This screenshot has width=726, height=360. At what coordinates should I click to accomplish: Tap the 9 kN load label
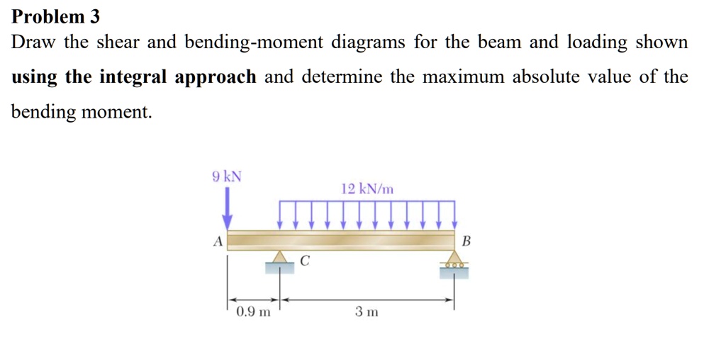click(x=227, y=176)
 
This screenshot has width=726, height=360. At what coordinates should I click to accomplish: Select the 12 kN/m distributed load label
click(x=367, y=189)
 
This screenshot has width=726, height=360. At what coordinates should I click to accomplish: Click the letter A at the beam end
click(x=218, y=242)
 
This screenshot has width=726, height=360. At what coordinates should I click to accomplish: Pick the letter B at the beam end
click(x=466, y=241)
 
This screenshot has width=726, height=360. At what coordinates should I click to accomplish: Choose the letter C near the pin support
click(x=304, y=261)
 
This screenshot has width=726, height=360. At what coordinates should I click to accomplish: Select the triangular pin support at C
click(x=279, y=258)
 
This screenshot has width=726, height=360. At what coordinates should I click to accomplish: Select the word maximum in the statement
click(x=462, y=77)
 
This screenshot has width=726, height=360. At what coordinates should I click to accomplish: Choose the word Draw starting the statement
click(x=33, y=43)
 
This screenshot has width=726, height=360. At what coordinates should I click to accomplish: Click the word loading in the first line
click(x=597, y=43)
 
